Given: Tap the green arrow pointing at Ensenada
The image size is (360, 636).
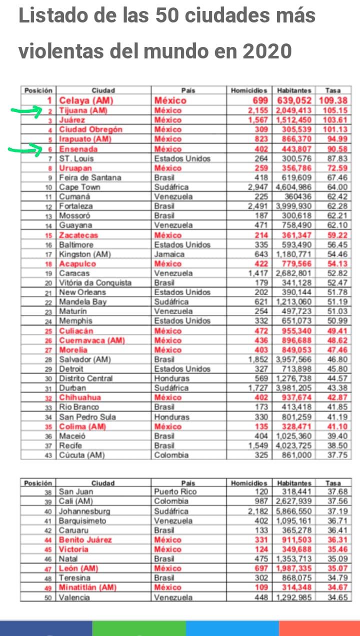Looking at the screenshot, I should tap(25, 149).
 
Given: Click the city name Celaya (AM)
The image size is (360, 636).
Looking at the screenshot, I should tap(84, 100).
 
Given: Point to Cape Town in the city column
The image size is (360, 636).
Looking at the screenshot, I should tap(79, 187).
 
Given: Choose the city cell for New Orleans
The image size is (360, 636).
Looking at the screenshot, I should tap(82, 292).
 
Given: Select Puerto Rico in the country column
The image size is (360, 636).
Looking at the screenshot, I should tap(174, 492).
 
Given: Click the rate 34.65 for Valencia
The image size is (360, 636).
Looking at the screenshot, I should tap(335, 598).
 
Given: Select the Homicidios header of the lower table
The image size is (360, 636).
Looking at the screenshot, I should tap(249, 483).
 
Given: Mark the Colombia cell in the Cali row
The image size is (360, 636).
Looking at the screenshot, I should tap(171, 502).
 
